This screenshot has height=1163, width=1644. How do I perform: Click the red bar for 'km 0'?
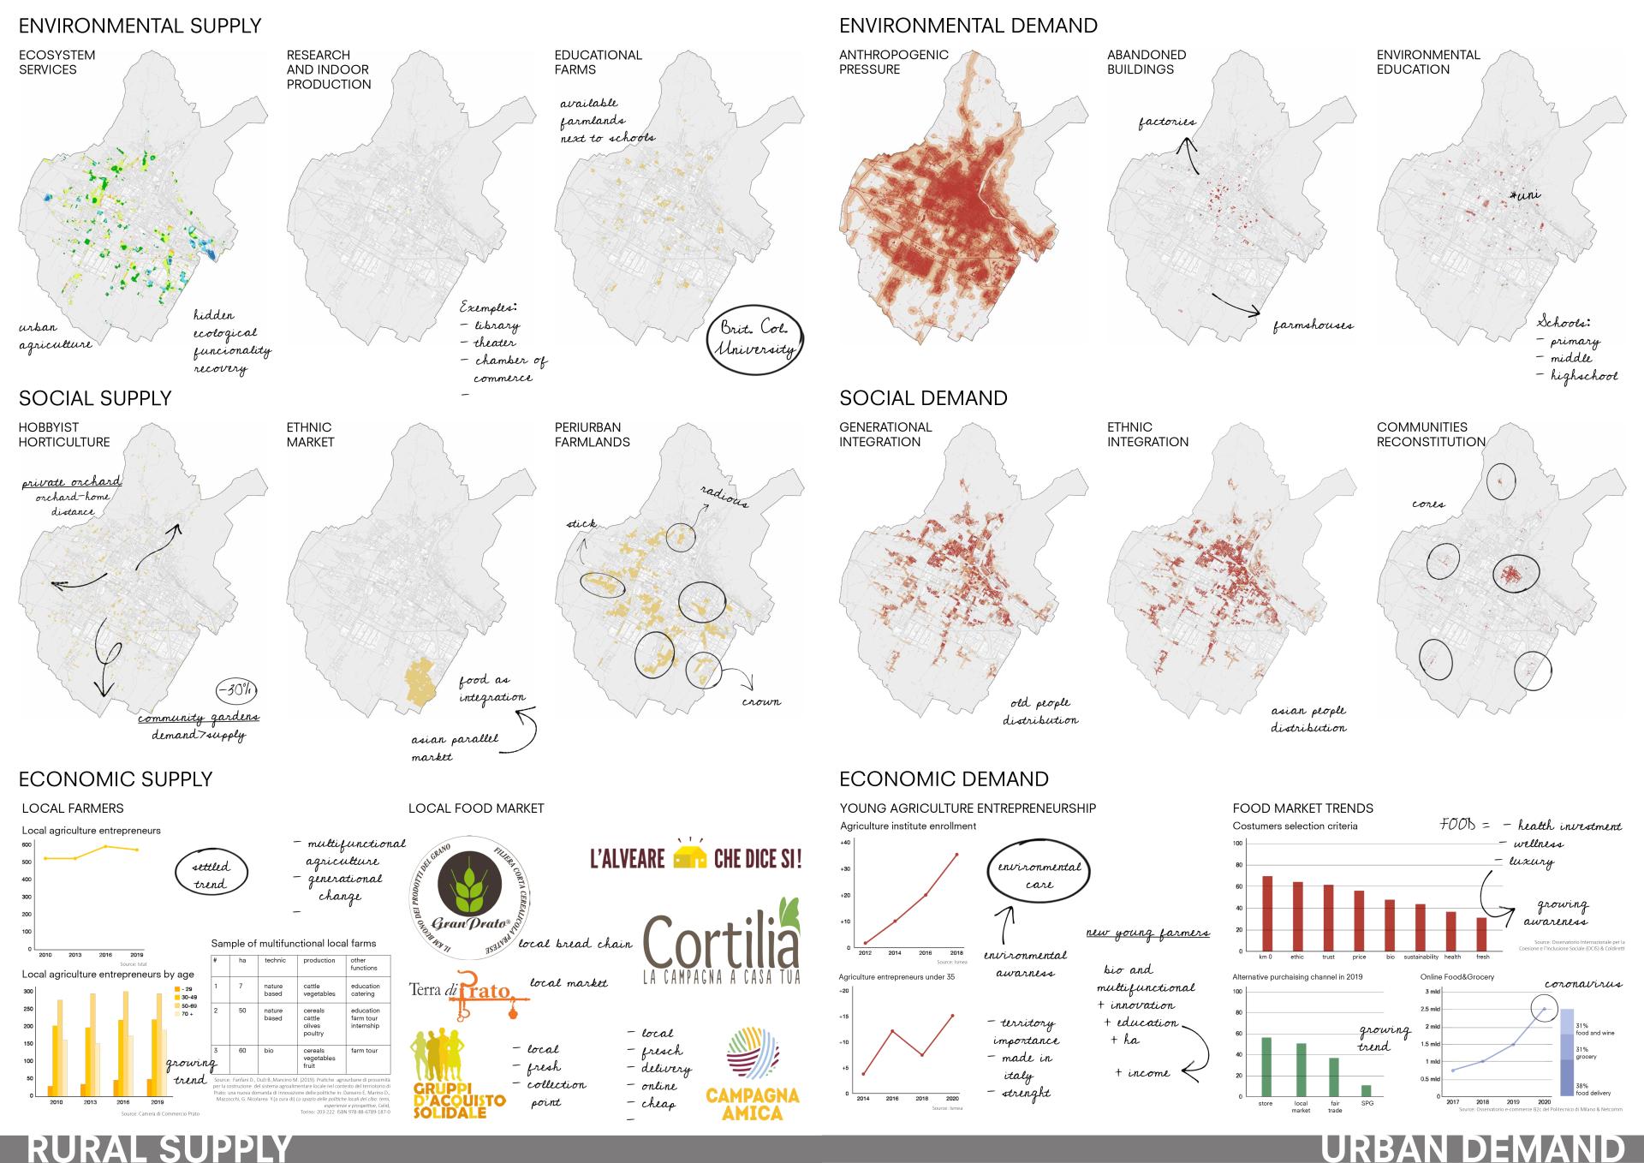coord(1267,913)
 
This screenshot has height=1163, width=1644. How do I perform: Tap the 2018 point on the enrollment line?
coord(956,855)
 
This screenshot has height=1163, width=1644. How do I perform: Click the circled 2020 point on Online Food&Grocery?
coord(1545,1009)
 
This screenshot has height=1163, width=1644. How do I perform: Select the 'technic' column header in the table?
coord(275,961)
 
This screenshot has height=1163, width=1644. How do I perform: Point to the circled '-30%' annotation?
coord(236,690)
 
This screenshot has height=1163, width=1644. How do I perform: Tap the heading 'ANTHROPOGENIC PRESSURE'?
coord(893,62)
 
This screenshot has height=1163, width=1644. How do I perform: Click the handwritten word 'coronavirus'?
coord(1582,984)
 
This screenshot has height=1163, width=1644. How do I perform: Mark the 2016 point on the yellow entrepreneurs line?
coord(105,847)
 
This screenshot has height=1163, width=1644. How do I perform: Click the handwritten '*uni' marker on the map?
coord(1525,195)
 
